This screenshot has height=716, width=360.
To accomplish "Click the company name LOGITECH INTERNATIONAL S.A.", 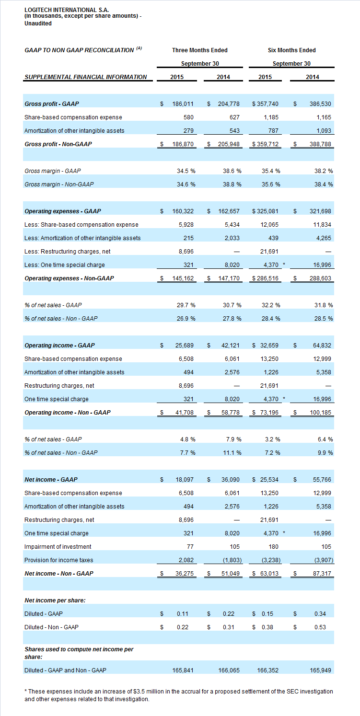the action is pyautogui.click(x=67, y=10).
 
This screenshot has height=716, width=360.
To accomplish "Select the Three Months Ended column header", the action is pyautogui.click(x=200, y=50).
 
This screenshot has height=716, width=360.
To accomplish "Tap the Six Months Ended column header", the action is pyautogui.click(x=291, y=50).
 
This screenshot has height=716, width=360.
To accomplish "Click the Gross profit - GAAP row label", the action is pyautogui.click(x=52, y=104).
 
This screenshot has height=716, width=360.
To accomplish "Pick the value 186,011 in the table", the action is pyautogui.click(x=183, y=104).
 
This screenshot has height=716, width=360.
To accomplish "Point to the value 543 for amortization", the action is pyautogui.click(x=234, y=131).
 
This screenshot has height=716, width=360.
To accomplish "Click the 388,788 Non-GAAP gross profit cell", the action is pyautogui.click(x=320, y=144).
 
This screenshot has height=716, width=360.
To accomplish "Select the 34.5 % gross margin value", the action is pyautogui.click(x=186, y=171).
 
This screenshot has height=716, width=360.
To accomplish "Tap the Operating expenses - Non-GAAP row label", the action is pyautogui.click(x=69, y=278).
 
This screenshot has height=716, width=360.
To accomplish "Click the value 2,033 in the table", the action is pyautogui.click(x=232, y=238).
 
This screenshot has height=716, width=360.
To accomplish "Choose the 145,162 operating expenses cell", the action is pyautogui.click(x=183, y=278).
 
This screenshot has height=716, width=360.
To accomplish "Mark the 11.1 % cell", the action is pyautogui.click(x=232, y=453).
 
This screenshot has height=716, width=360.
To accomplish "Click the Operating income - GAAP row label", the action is pyautogui.click(x=60, y=346).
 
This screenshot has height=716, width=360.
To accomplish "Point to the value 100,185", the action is pyautogui.click(x=320, y=413).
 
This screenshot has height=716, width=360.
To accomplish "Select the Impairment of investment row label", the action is pyautogui.click(x=58, y=547).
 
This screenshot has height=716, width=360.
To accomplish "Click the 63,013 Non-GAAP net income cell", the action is pyautogui.click(x=269, y=574).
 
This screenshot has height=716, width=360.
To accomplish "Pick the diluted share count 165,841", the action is pyautogui.click(x=183, y=670).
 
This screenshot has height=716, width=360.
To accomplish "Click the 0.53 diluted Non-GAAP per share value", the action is pyautogui.click(x=320, y=627).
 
